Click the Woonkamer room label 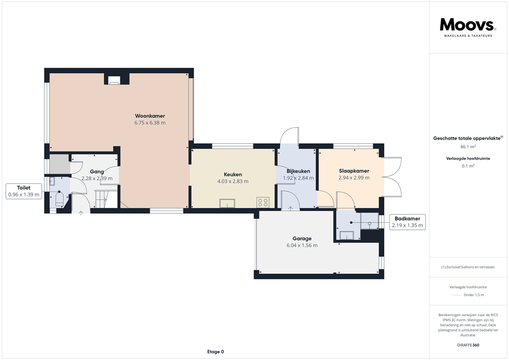click(x=150, y=116)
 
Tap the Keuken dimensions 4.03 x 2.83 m click(x=233, y=181)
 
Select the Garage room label click(x=302, y=239)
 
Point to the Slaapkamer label click(x=354, y=171)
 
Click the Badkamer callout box click(x=408, y=222)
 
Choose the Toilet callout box click(x=24, y=191)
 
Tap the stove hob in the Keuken click(x=263, y=202)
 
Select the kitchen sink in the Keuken click(x=227, y=203)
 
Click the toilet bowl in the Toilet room click(x=60, y=199)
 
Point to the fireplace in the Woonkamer click(x=114, y=81)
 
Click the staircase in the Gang click(x=102, y=199)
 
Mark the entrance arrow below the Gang click(x=81, y=213)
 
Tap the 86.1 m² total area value click(x=468, y=147)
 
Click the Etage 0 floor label click(x=216, y=352)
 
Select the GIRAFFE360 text click(x=468, y=345)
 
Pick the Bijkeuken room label click(x=298, y=171)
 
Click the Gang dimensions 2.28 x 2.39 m click(x=97, y=179)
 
